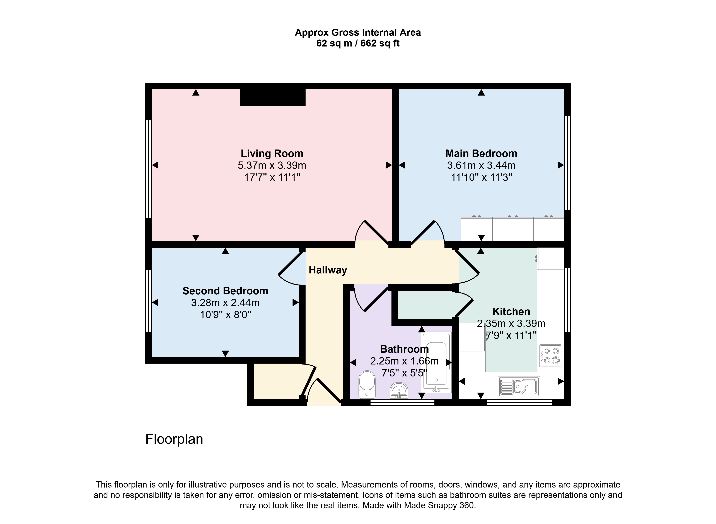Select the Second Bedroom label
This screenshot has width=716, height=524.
[x=225, y=291]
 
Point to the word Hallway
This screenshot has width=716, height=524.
[x=328, y=270]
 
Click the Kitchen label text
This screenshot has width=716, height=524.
[x=511, y=312]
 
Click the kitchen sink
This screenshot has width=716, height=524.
[x=519, y=386]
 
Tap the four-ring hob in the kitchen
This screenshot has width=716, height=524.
[x=551, y=356]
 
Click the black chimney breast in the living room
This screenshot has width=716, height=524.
[x=272, y=97]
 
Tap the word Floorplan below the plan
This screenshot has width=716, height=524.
[x=174, y=439]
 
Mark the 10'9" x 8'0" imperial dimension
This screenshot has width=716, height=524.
[x=225, y=315]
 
